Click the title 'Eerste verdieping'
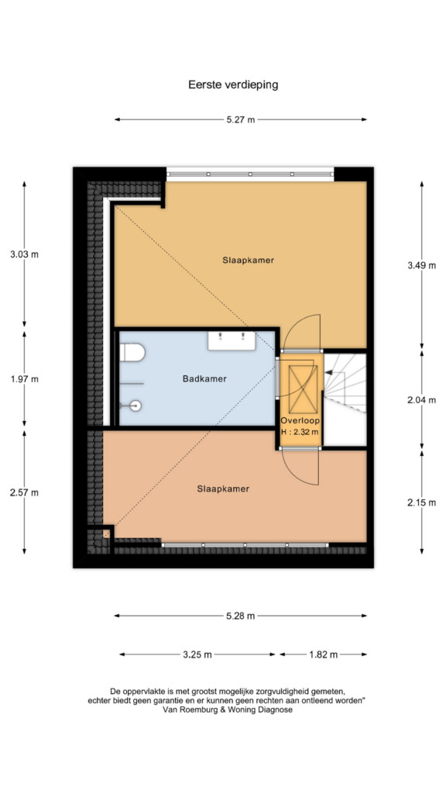tap(233, 85)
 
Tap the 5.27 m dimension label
tap(240, 119)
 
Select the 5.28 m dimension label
tap(240, 616)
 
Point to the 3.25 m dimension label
tap(197, 654)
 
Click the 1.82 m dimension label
tap(323, 654)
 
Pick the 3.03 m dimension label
tap(24, 254)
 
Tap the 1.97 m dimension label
tap(24, 378)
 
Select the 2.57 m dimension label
tap(24, 492)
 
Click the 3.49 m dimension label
tap(421, 265)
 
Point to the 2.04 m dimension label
tap(421, 400)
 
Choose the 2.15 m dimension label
tap(421, 502)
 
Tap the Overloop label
tap(300, 421)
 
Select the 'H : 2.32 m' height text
tap(300, 432)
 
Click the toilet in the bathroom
tap(132, 353)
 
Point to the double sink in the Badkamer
tap(232, 341)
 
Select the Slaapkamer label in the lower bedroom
tap(223, 489)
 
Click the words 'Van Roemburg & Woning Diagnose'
tap(228, 710)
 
